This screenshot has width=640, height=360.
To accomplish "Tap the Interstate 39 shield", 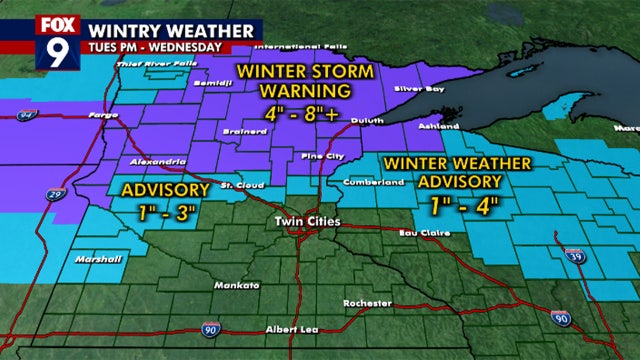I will (571, 257).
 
